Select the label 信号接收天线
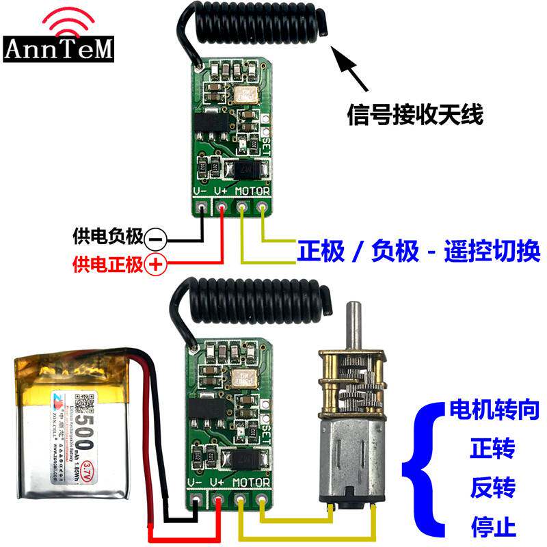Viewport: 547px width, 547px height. [415, 114]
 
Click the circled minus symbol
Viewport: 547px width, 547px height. [155, 239]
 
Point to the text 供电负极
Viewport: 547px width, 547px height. [107, 238]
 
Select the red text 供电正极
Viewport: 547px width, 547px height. [107, 263]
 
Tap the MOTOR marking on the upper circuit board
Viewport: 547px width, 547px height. [252, 191]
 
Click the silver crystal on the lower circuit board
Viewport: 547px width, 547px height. [244, 379]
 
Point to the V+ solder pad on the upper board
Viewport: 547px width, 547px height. [222, 206]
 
